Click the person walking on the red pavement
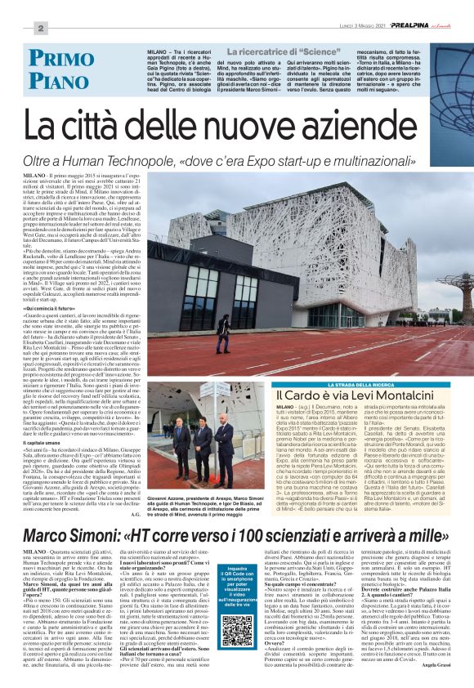click(x=223, y=334)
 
